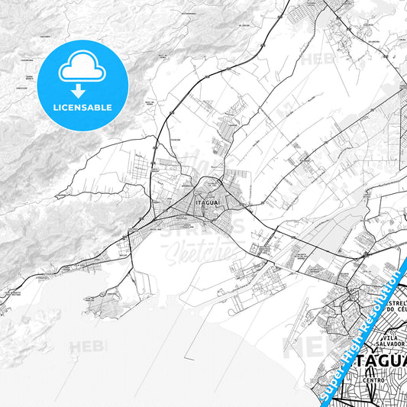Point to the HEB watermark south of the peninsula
[x=89, y=348]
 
